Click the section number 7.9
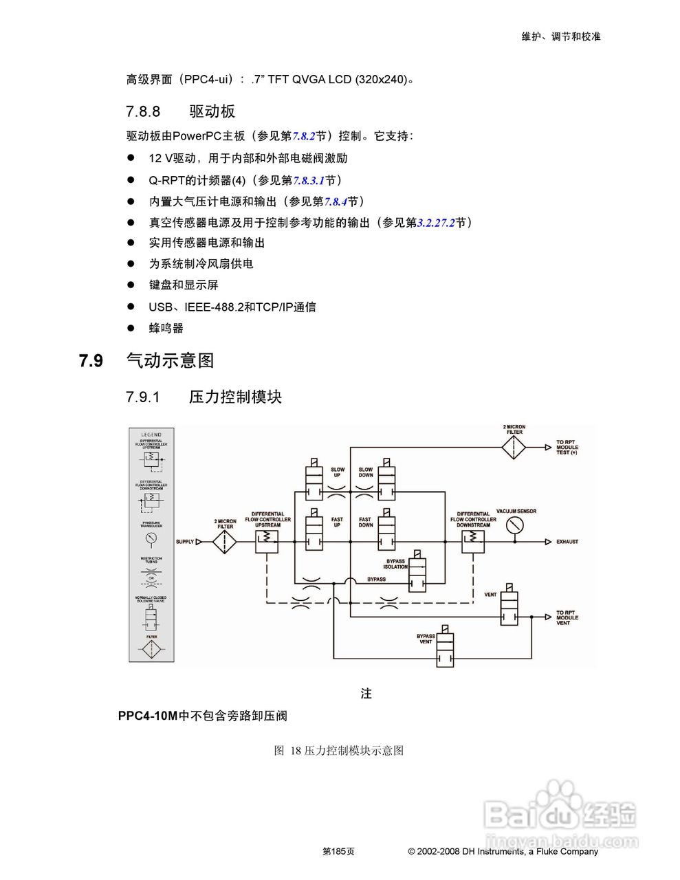[91, 360]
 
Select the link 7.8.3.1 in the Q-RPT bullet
[309, 180]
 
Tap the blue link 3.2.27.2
[436, 223]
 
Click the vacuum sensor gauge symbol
[514, 525]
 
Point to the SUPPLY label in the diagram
[185, 542]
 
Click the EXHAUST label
[567, 542]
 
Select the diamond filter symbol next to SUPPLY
[225, 542]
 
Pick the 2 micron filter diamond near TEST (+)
[514, 448]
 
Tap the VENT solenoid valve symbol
[509, 608]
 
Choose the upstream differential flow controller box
[267, 541]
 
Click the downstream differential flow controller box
[473, 541]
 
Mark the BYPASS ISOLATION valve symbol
[417, 575]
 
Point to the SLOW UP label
[338, 472]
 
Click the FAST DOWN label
[365, 522]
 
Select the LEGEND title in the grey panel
[151, 434]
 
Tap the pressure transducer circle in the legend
[151, 538]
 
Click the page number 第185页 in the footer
[338, 851]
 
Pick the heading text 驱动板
[212, 111]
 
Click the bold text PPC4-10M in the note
[147, 716]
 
